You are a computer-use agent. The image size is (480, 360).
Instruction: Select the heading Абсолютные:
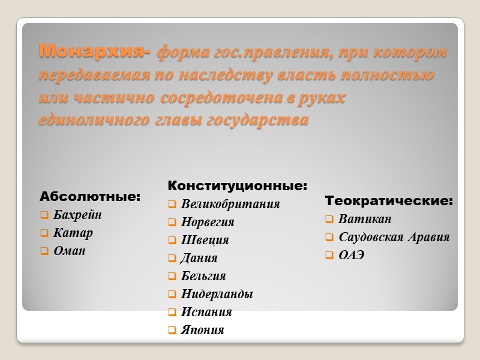pyautogui.click(x=90, y=197)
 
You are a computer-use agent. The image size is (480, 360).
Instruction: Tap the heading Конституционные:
pyautogui.click(x=237, y=186)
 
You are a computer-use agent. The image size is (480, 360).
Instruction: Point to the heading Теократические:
pyautogui.click(x=389, y=201)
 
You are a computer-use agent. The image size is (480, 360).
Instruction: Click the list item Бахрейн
pyautogui.click(x=77, y=215)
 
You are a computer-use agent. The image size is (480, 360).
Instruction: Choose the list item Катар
pyautogui.click(x=73, y=233)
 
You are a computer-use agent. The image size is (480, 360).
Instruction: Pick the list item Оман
pyautogui.click(x=70, y=251)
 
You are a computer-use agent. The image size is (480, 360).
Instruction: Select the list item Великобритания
pyautogui.click(x=230, y=204)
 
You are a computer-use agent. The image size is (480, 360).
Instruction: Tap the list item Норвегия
pyautogui.click(x=208, y=222)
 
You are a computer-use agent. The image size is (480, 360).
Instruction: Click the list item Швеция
pyautogui.click(x=205, y=240)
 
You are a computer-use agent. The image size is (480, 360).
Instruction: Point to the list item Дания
pyautogui.click(x=199, y=258)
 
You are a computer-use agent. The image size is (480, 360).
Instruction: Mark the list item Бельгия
pyautogui.click(x=203, y=276)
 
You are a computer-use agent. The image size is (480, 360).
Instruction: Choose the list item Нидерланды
pyautogui.click(x=217, y=294)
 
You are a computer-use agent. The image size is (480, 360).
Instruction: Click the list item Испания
pyautogui.click(x=206, y=312)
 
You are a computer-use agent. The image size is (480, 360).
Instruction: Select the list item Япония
pyautogui.click(x=202, y=330)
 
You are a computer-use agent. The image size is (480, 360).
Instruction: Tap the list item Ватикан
pyautogui.click(x=365, y=219)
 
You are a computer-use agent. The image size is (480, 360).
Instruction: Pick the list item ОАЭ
pyautogui.click(x=352, y=255)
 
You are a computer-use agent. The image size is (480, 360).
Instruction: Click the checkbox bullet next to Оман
pyautogui.click(x=44, y=251)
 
